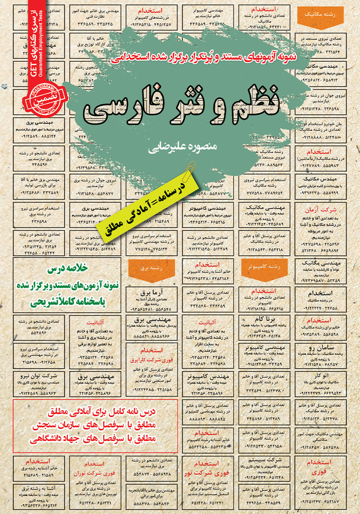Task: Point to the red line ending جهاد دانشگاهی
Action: pos(95,438)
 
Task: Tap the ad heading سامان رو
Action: pos(327,347)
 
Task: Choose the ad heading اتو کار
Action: pos(327,375)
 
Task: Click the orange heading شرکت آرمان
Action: pos(327,210)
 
